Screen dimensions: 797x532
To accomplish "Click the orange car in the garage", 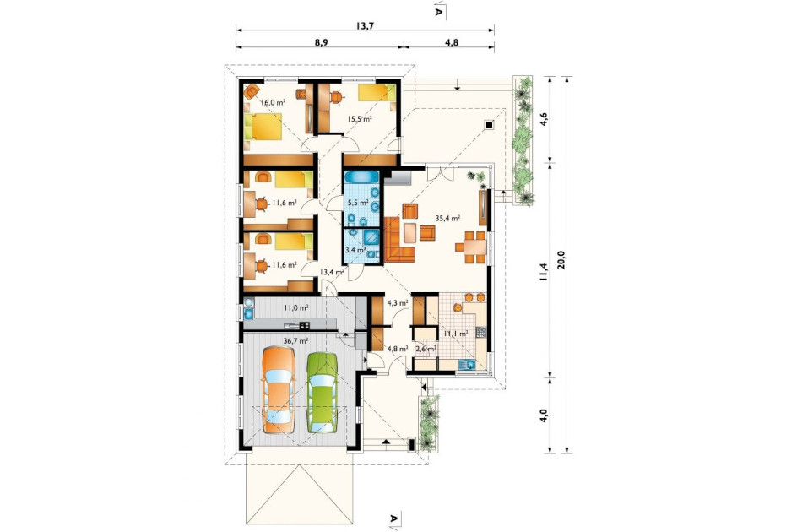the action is pos(278,389).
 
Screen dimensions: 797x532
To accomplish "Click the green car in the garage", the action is pos(323,392).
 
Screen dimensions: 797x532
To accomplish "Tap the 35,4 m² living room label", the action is pos(447,218).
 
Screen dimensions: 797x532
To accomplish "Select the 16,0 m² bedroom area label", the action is pos(273,101).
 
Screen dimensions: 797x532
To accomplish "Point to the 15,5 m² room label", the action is pos(360,119).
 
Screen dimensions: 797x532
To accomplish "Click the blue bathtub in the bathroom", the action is pos(361,177).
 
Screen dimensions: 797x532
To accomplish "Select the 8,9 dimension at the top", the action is pos(321,43).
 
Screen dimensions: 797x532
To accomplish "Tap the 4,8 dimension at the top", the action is pos(452,43).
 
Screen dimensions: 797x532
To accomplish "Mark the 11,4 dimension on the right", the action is pos(544,272).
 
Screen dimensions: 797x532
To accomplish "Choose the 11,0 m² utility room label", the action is pos(295,307).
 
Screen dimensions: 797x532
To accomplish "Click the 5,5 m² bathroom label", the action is pos(358,202).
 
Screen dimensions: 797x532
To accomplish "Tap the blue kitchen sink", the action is pos(467,364).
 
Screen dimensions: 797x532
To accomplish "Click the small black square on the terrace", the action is pos(489,124).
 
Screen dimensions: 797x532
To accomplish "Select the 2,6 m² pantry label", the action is pos(426,349).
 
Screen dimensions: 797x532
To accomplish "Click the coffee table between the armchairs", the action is pos(410,232).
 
